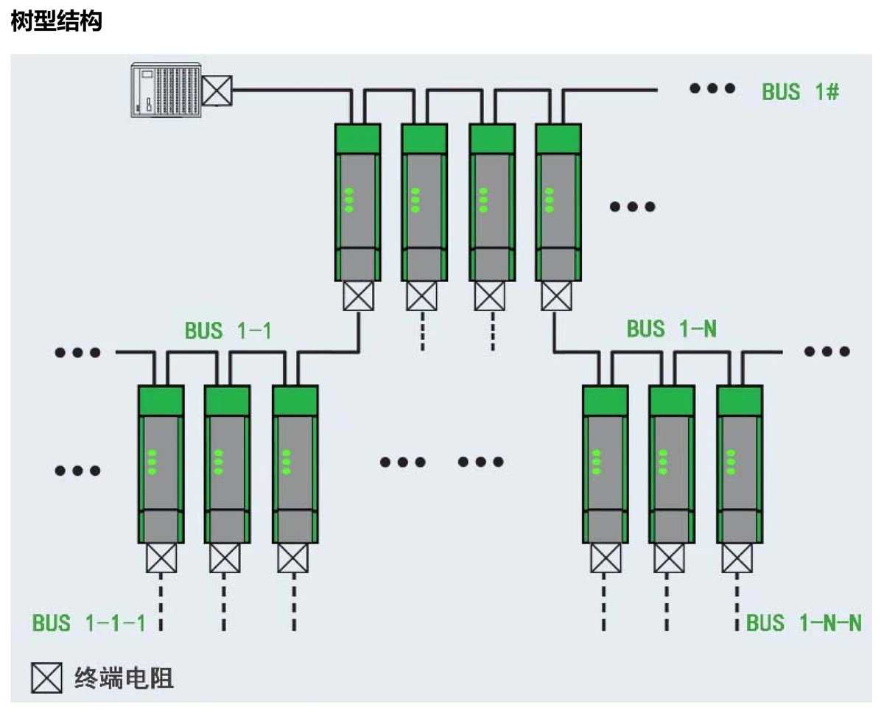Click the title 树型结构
tap(56, 21)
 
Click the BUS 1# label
tap(801, 92)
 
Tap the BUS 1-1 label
tap(228, 331)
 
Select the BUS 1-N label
tap(671, 328)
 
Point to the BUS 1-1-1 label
tap(88, 623)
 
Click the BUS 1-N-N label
tap(804, 623)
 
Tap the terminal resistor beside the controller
tap(217, 90)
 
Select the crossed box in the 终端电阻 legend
tap(46, 678)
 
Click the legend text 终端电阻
tap(124, 678)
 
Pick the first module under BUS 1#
tap(358, 203)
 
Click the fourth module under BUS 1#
tap(558, 203)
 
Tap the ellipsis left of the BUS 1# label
tap(712, 89)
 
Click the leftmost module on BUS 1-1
tap(161, 464)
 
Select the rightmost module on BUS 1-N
tap(740, 464)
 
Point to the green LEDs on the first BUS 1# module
tap(348, 200)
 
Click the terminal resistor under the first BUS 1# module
tap(358, 297)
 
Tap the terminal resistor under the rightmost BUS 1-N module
tap(737, 558)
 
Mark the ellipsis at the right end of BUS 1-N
tap(827, 351)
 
